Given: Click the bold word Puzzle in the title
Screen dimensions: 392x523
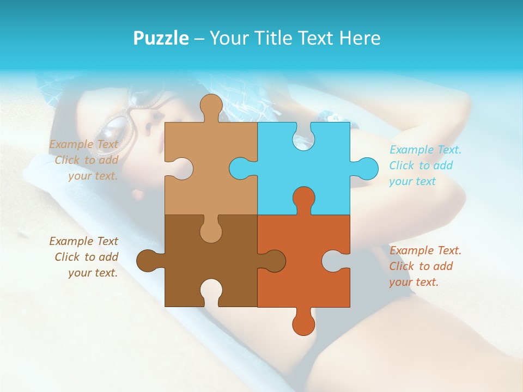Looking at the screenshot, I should pos(161,38).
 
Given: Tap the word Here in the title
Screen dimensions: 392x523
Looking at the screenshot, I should pos(360,38).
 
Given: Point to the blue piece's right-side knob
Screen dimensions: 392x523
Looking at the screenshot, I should pos(366,168).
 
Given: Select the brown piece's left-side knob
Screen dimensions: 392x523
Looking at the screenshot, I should pos(148,260).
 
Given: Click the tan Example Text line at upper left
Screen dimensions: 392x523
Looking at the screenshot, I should pos(83,144).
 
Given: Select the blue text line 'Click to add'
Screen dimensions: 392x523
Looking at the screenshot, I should pos(421,166).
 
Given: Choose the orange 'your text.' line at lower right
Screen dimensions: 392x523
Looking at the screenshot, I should pos(413,282).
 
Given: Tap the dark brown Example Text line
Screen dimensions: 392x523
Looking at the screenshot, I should pos(83,241).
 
